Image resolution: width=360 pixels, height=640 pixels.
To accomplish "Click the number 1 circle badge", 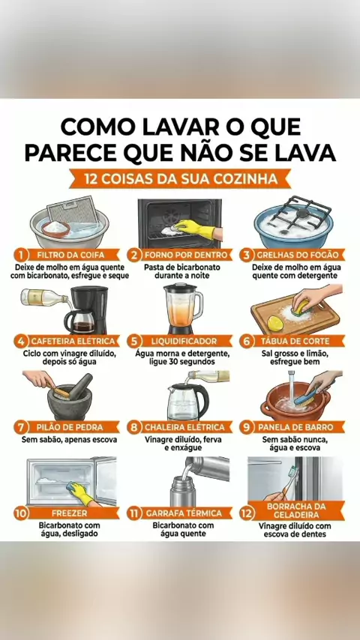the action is click(x=20, y=255).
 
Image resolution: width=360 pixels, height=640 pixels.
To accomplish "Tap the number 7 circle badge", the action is click(x=20, y=427).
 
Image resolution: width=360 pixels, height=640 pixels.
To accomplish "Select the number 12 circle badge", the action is click(x=247, y=513).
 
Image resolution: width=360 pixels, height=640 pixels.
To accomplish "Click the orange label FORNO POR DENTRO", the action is click(x=185, y=255).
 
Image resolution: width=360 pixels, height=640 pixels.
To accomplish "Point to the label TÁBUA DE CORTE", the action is click(x=298, y=341).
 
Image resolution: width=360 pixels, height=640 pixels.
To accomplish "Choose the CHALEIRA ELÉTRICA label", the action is click(x=185, y=427).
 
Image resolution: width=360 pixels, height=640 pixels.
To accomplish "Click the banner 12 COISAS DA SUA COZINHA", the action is click(x=180, y=179).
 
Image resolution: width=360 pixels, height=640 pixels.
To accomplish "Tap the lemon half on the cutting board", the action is click(x=275, y=323).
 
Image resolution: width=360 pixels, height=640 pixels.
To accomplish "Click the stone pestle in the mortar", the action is click(x=81, y=386).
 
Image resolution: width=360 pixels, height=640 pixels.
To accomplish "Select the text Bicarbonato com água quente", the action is click(x=183, y=529).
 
